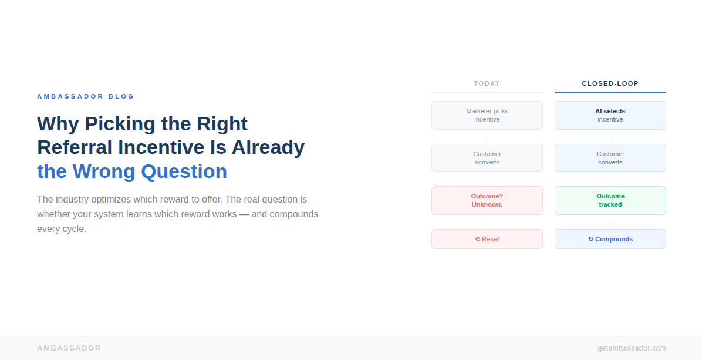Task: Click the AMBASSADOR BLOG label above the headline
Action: pos(86,96)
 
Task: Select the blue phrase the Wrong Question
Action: pos(132,171)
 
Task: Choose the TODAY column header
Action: pos(487,83)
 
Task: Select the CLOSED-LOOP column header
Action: pos(610,83)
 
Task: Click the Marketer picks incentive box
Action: pos(487,115)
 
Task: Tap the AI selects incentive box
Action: pos(610,115)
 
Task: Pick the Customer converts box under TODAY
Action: pos(487,158)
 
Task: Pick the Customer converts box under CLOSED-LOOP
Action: pos(610,158)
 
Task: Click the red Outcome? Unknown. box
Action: pos(487,200)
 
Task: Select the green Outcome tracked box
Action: pos(610,200)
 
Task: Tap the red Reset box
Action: pos(487,239)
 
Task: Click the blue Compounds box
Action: pos(610,239)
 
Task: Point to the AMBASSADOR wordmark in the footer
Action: pos(69,348)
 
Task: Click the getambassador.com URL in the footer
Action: pos(632,348)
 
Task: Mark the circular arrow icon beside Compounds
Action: pos(590,239)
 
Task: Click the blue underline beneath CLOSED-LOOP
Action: pos(610,92)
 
